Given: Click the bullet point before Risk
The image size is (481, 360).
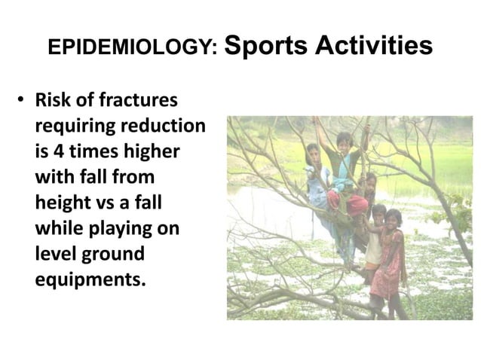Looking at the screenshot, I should tap(23, 102).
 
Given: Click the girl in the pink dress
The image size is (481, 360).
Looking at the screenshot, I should tap(390, 260).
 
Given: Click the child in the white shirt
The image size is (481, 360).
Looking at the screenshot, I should tap(372, 241).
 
